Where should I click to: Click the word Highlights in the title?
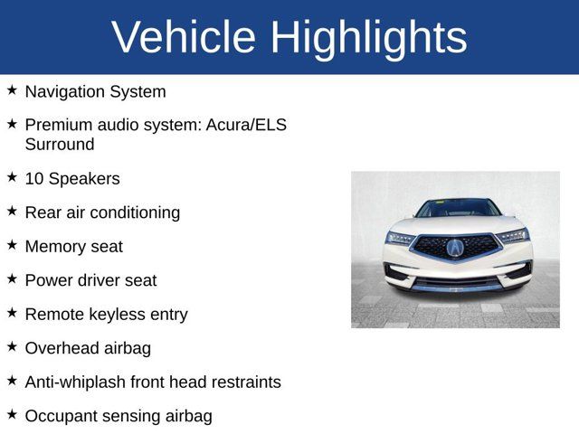point(368,37)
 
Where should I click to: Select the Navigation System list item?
point(95,91)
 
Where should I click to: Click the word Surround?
point(60,145)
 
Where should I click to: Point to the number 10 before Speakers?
point(34,179)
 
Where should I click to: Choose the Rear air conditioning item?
point(102,212)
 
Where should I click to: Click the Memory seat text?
point(73,247)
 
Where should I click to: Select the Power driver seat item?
point(90,280)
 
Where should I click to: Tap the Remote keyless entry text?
point(106,315)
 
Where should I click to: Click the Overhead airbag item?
point(88,348)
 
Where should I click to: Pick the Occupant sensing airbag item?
point(119,416)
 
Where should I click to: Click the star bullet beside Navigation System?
point(12,90)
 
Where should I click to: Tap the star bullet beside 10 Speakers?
point(12,177)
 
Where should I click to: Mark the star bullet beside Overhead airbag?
point(12,346)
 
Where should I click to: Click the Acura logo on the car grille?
point(455,247)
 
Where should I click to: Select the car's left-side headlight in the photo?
point(401,238)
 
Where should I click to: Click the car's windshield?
point(457,208)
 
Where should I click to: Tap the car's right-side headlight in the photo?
point(512,236)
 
